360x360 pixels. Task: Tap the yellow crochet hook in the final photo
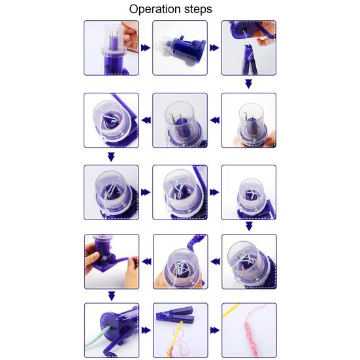[231, 310]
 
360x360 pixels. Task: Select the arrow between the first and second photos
[146, 48]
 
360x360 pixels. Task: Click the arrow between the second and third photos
[214, 48]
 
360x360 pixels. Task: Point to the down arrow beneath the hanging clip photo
[249, 84]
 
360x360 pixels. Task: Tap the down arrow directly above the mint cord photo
[112, 296]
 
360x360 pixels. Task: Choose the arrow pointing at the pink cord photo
[215, 331]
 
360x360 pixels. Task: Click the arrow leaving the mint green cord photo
[146, 331]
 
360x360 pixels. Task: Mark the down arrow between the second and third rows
[111, 157]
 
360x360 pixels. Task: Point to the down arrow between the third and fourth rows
[249, 226]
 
